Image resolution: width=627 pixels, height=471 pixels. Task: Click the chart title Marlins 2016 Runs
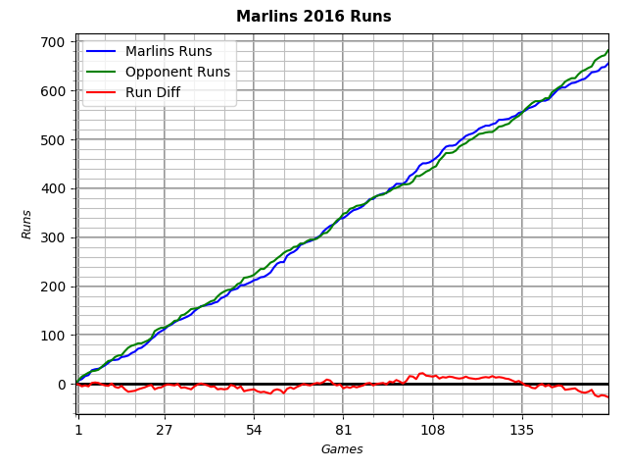point(313,17)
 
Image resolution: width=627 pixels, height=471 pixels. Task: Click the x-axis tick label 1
point(78,430)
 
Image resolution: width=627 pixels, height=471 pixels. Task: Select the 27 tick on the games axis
point(164,430)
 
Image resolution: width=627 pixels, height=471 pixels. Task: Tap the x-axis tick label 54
point(254,430)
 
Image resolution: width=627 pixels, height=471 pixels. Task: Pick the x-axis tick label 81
point(343,430)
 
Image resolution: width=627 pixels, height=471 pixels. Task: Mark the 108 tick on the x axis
point(432,430)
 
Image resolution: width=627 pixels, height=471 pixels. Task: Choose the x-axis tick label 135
point(522,430)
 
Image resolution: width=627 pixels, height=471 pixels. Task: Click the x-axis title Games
point(342,449)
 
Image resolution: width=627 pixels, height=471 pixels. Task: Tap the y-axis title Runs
point(27,224)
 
